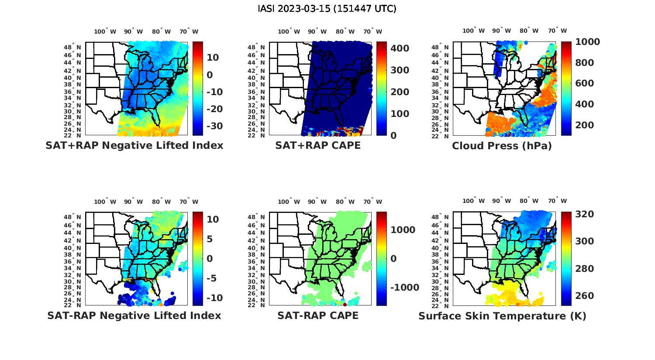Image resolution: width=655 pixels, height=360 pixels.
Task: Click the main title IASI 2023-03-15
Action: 327,9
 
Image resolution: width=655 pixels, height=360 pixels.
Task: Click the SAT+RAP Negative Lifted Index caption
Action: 134,145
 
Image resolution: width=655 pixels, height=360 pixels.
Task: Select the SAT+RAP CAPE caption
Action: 318,145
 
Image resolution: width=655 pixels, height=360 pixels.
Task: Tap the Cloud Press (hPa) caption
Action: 502,146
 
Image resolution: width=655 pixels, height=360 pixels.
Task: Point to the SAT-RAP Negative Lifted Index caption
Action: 134,315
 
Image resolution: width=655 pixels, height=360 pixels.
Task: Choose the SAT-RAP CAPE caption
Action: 318,315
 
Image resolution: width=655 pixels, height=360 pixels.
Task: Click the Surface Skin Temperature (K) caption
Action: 502,316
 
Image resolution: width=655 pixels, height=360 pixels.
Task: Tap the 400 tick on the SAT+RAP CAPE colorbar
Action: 400,48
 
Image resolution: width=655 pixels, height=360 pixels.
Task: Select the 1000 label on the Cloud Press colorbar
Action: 587,42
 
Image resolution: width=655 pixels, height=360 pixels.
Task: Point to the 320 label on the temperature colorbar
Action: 585,214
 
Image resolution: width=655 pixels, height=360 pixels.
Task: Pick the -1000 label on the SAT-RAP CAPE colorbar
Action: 404,288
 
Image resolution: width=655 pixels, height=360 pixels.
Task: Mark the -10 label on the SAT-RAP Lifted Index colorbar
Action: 214,298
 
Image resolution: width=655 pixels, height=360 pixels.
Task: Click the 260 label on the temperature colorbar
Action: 585,296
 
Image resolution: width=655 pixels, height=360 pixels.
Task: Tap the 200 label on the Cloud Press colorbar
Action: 585,125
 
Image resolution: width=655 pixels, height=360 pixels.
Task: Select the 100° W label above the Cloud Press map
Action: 473,31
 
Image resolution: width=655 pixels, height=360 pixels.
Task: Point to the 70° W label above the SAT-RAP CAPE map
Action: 372,202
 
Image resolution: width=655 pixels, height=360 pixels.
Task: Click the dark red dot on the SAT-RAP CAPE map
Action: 345,304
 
